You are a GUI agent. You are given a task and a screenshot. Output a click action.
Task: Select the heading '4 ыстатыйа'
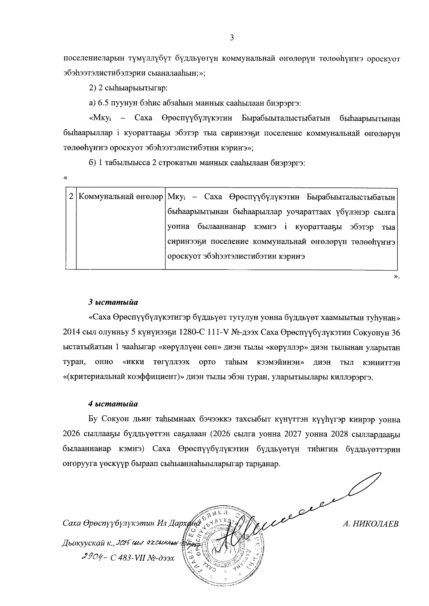(113, 404)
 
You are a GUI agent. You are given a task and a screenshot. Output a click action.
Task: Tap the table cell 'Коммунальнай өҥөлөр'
(120, 197)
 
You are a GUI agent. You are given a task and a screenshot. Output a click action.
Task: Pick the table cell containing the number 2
(71, 197)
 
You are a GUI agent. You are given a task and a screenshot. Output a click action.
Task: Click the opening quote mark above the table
(65, 177)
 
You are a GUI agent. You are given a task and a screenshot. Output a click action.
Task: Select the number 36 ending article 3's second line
(395, 332)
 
